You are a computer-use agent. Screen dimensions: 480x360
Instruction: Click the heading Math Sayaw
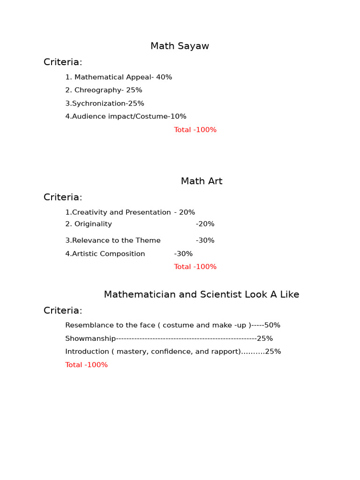pos(180,46)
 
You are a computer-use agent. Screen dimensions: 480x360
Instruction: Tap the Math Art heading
pos(202,181)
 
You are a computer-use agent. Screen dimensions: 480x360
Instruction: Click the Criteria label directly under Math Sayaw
pos(63,62)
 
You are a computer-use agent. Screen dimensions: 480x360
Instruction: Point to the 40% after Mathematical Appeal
pos(164,77)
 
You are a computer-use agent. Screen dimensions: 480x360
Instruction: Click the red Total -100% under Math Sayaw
pos(195,130)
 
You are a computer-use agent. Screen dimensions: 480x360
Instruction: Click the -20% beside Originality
pos(205,224)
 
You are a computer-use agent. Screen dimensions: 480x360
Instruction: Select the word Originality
pos(93,224)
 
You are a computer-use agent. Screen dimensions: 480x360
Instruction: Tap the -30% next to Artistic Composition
pos(183,254)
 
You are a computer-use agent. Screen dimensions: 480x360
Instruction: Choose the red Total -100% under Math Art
pos(195,267)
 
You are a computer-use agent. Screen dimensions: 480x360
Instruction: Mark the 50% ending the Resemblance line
pos(272,325)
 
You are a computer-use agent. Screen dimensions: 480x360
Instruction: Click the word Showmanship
pos(90,338)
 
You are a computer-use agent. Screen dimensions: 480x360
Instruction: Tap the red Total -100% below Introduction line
pos(86,365)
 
